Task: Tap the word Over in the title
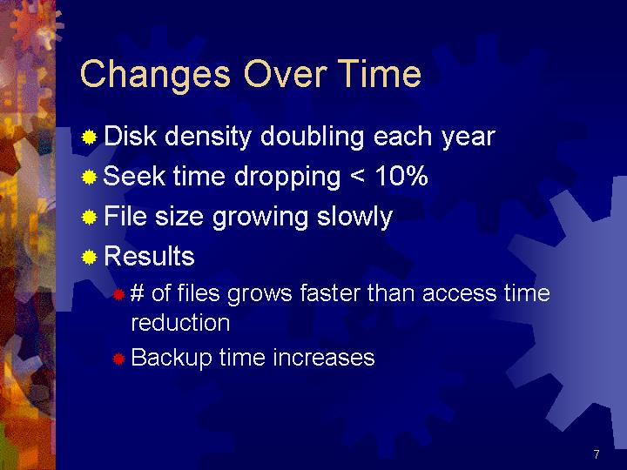286,73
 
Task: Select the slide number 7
597,454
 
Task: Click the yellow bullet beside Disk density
89,138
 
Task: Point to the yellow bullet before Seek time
89,177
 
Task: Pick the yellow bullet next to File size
89,218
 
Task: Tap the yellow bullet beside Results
89,258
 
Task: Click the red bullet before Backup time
118,359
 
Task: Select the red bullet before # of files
118,294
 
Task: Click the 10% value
401,176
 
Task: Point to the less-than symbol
357,177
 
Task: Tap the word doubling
313,138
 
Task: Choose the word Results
149,256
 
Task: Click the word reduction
180,323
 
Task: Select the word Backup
172,358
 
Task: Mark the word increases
324,358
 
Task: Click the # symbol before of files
138,293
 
